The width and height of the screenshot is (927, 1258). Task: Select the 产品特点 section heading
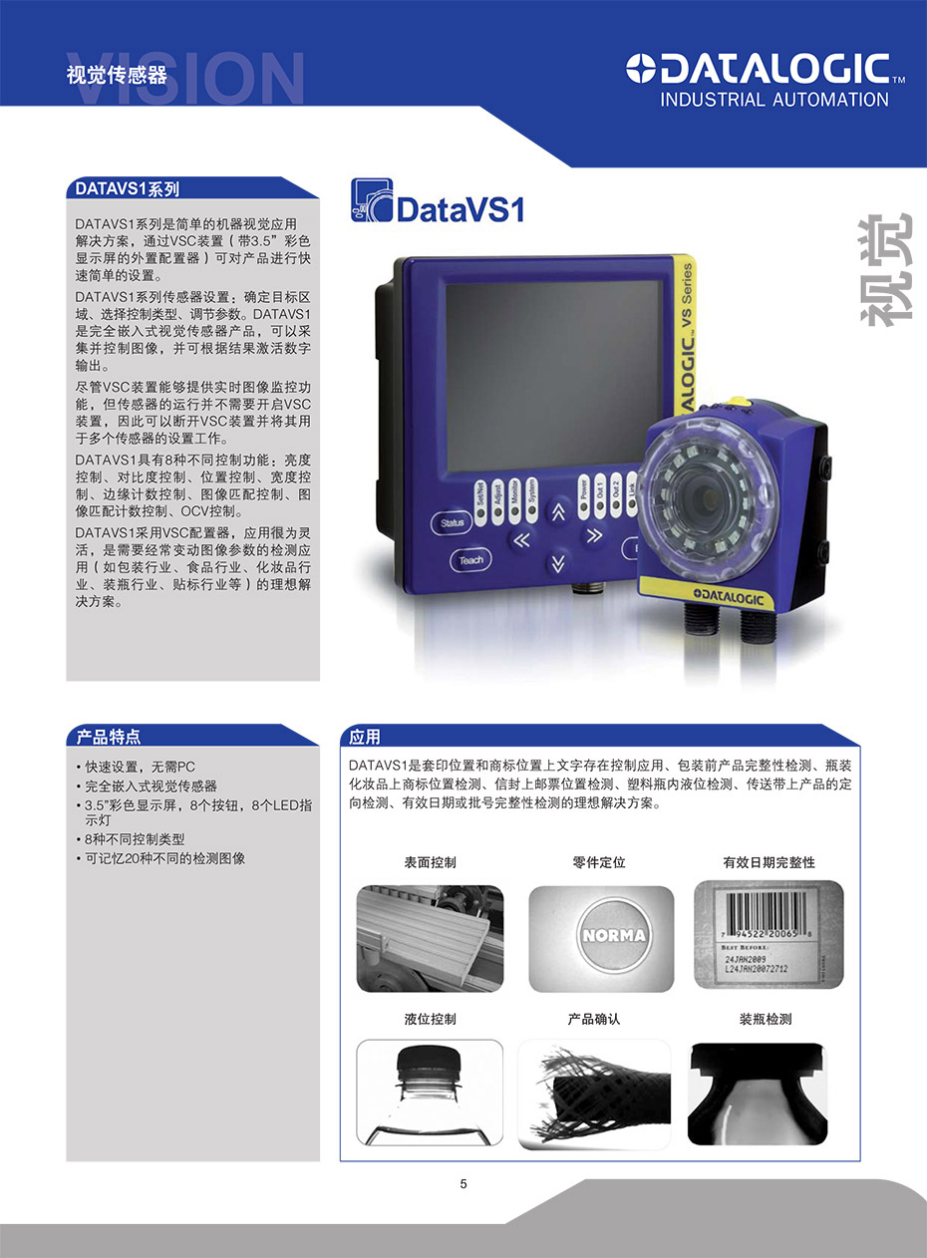109,737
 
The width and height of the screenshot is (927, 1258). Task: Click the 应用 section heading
365,737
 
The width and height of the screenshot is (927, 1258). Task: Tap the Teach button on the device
470,560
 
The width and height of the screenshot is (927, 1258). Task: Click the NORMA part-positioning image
600,937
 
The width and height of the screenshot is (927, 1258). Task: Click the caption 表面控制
430,862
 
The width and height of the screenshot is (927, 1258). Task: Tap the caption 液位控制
430,1020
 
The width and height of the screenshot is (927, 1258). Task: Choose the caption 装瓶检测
766,1020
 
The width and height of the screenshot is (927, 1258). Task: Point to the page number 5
463,1184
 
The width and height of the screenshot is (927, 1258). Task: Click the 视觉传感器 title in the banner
117,76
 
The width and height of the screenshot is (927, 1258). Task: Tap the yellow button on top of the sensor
740,404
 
